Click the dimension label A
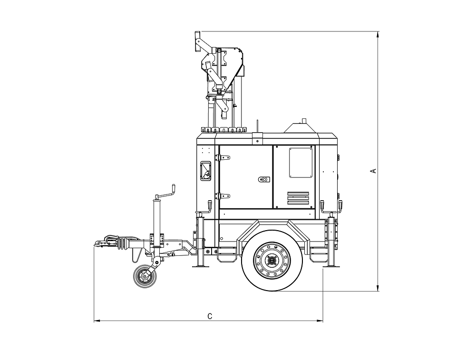pyautogui.click(x=374, y=170)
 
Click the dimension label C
pyautogui.click(x=209, y=316)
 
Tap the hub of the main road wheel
pyautogui.click(x=272, y=260)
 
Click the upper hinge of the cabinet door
pyautogui.click(x=222, y=157)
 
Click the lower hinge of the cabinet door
pyautogui.click(x=222, y=195)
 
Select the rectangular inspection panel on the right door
pyautogui.click(x=301, y=162)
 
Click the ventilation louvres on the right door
pyautogui.click(x=298, y=198)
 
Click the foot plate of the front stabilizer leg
pyautogui.click(x=200, y=266)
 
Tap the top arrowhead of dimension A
pyautogui.click(x=378, y=34)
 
